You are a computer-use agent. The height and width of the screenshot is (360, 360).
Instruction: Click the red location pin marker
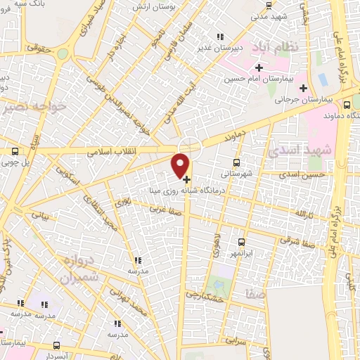(181, 164)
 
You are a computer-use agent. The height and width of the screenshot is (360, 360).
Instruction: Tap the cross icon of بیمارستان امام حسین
(259, 68)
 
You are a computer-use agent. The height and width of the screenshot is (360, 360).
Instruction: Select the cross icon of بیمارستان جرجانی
(303, 88)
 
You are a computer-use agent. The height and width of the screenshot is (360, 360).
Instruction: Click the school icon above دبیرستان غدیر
(220, 37)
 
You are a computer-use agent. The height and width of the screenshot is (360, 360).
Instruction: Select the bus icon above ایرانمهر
(241, 241)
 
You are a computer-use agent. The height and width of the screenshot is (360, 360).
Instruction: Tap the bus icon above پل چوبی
(15, 151)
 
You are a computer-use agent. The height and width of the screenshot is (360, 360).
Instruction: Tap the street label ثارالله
(303, 212)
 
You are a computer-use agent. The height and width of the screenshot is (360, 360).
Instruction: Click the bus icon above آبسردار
(57, 346)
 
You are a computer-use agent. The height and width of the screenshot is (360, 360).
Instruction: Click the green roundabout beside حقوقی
(63, 53)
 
